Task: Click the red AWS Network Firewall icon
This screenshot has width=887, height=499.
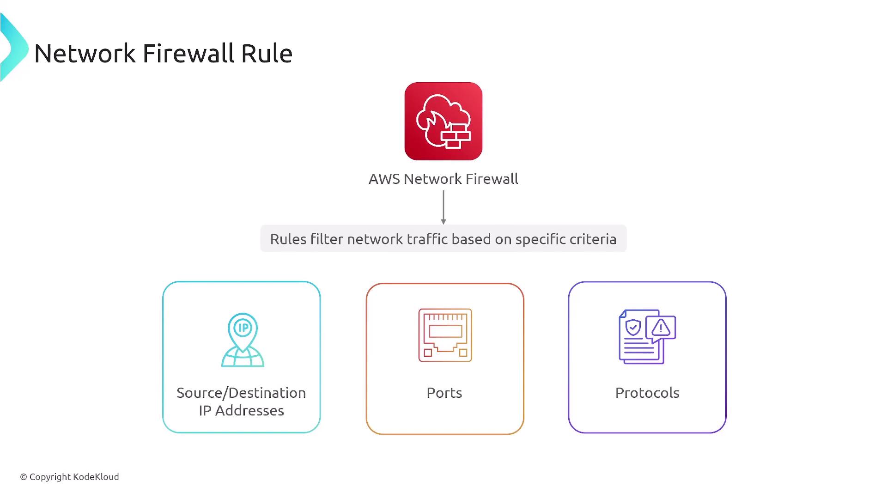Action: click(443, 121)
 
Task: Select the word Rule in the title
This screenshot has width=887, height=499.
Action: click(267, 53)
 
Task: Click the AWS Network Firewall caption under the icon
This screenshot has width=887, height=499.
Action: click(443, 179)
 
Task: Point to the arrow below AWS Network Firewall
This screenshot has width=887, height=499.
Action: click(443, 207)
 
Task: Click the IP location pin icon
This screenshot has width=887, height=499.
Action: click(243, 340)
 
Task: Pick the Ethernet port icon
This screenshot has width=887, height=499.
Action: click(445, 335)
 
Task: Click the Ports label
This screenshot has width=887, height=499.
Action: click(444, 393)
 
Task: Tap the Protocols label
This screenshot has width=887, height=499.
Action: click(647, 393)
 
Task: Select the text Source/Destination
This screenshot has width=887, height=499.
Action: click(241, 393)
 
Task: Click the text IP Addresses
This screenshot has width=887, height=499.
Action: click(241, 410)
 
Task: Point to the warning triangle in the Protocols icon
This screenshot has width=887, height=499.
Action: click(661, 328)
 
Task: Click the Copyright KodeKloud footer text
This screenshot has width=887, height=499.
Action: click(69, 477)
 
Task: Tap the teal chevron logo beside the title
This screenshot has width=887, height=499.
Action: click(14, 48)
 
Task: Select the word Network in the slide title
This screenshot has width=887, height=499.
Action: click(85, 53)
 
